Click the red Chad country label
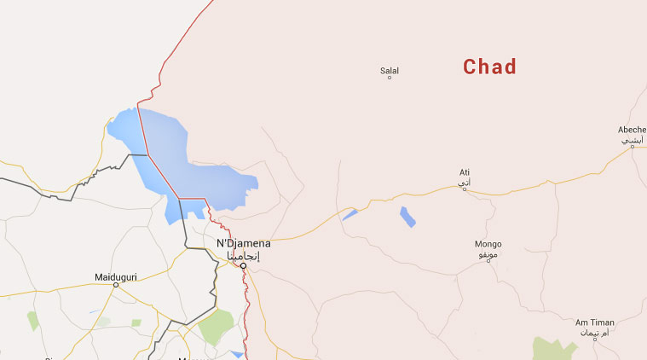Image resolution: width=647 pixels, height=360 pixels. pos(490,67)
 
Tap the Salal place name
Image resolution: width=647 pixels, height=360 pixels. pos(390,70)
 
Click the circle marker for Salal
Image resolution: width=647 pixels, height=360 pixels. pos(390,78)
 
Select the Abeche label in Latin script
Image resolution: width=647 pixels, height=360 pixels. pos(632,130)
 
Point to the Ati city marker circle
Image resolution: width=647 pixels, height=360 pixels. pos(465,189)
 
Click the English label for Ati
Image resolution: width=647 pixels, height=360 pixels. pos(465,171)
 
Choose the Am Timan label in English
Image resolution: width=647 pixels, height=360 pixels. pos(594,322)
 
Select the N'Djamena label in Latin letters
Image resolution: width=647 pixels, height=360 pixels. pos(243,243)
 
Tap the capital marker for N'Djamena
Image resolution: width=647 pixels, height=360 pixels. pos(243,266)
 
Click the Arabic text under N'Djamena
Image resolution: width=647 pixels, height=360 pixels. pos(245,255)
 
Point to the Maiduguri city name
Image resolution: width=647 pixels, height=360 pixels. pos(115,276)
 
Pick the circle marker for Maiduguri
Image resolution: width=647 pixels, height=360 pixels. pos(116,285)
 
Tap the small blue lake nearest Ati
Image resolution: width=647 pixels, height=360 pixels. pos(408,216)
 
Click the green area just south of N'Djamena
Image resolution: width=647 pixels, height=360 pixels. pos(217,326)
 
